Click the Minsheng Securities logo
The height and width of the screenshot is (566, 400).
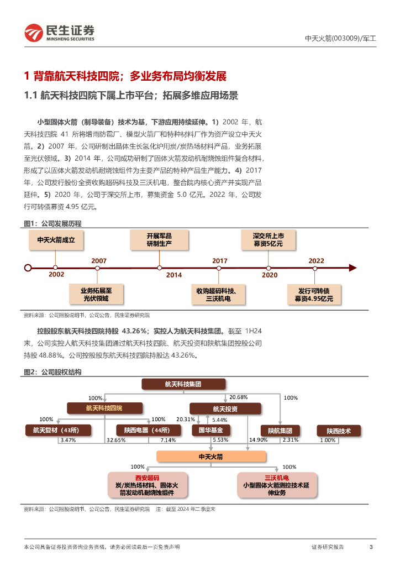click(x=59, y=33)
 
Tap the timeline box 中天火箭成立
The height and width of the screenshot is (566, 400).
click(x=56, y=240)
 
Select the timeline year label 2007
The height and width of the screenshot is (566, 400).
click(x=99, y=260)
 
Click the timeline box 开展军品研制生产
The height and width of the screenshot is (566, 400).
click(x=159, y=239)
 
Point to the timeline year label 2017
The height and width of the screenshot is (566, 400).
click(x=219, y=260)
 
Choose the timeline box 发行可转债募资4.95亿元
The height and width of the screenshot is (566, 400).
click(x=314, y=294)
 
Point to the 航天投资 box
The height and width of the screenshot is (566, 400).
click(x=225, y=408)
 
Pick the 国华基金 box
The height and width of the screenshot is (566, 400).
click(x=210, y=431)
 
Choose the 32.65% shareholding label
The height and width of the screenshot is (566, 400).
click(x=115, y=440)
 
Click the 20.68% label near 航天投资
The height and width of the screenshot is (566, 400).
click(x=238, y=397)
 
